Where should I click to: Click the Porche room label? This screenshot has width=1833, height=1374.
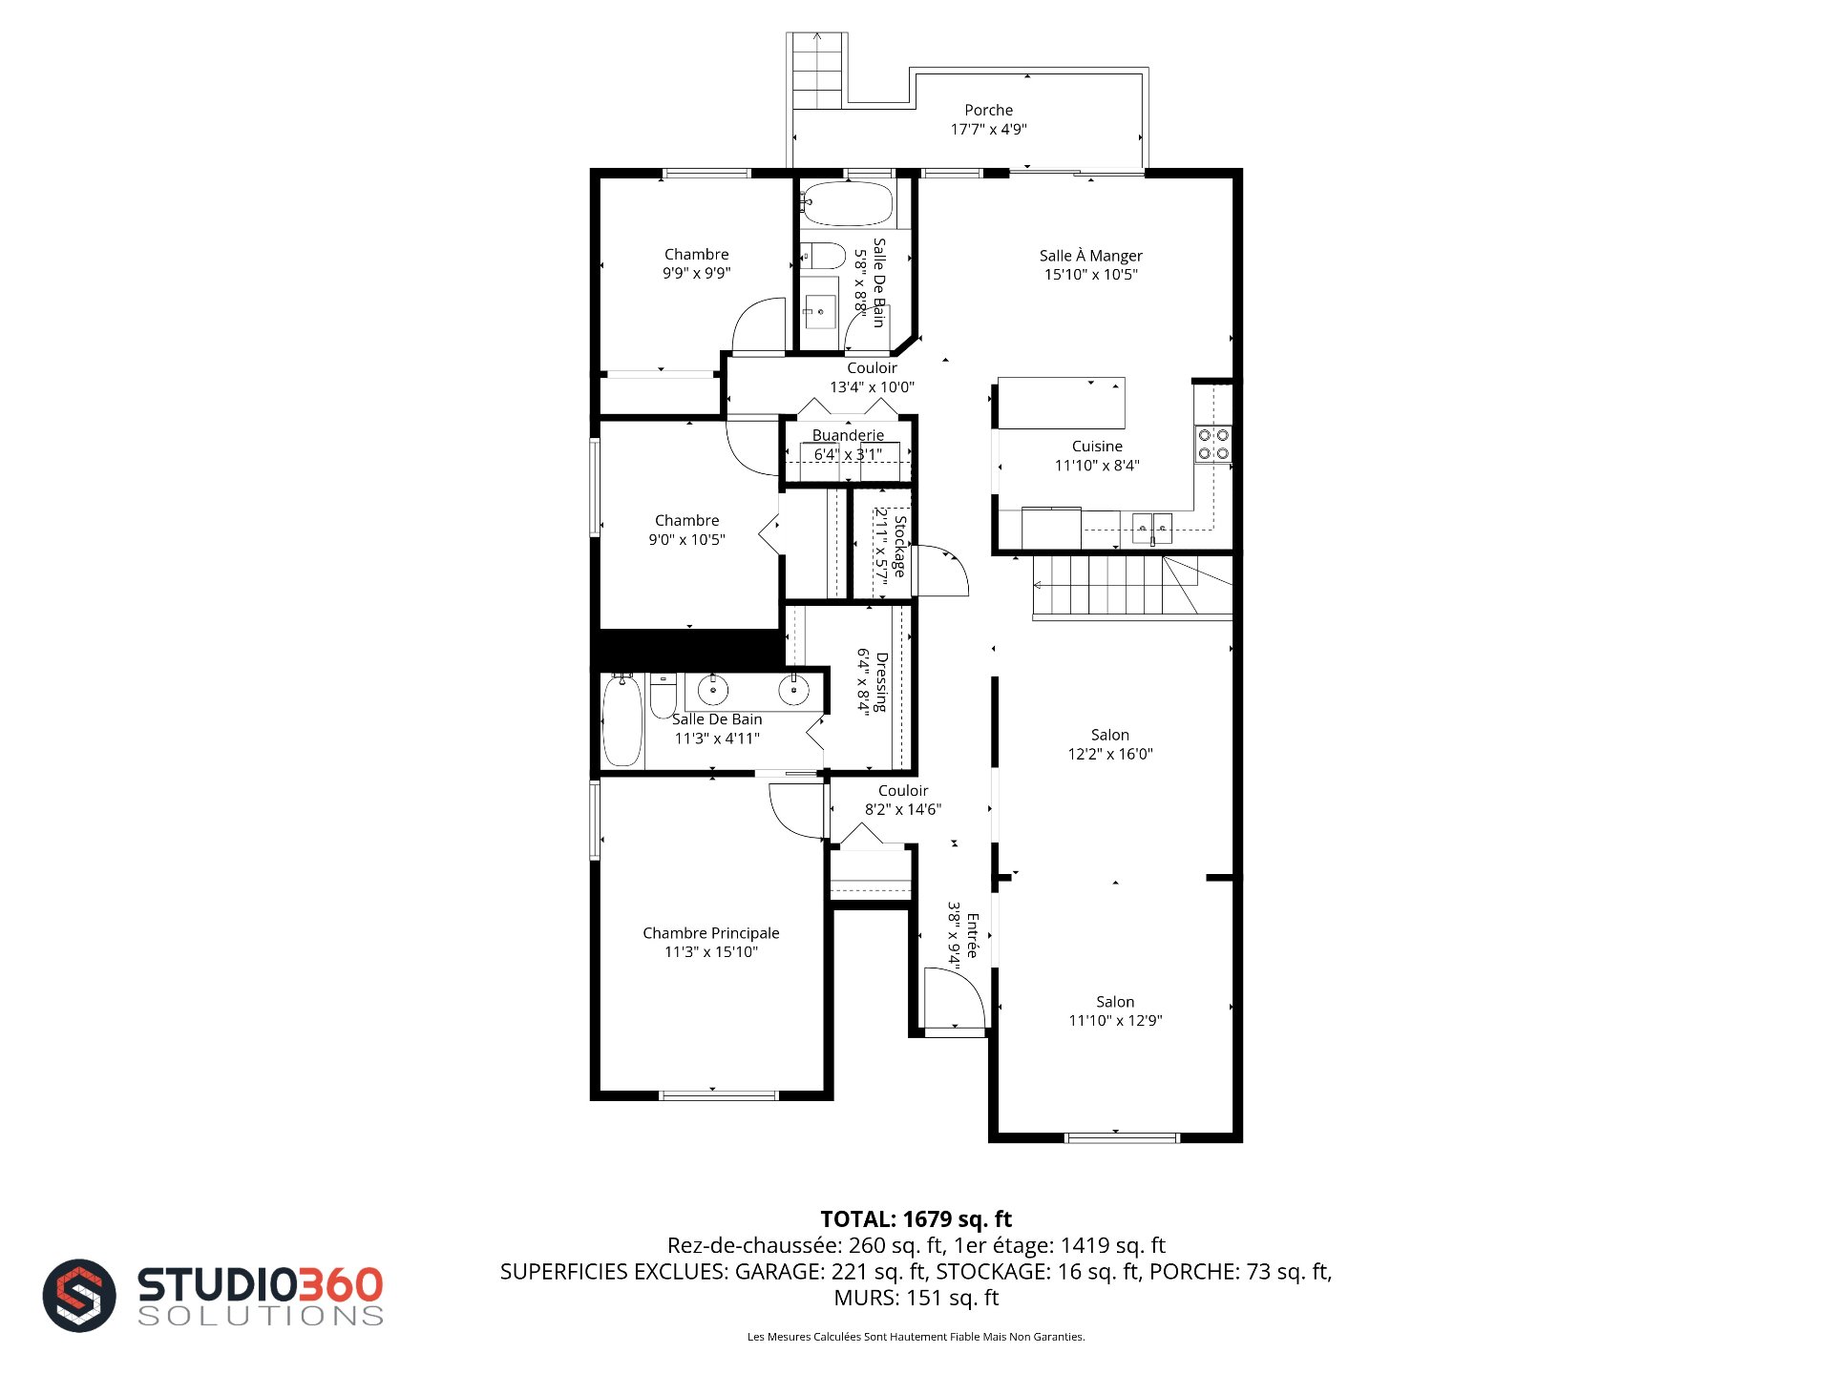point(988,111)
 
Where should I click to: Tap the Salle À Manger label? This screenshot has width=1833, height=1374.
point(1090,256)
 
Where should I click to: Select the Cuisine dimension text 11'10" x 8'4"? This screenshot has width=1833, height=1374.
point(1097,466)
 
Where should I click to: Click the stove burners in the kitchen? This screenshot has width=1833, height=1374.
point(1213,444)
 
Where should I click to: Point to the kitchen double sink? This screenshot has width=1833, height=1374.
point(1152,528)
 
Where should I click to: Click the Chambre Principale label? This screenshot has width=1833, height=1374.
point(711,933)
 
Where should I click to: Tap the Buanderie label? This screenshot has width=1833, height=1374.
point(848,435)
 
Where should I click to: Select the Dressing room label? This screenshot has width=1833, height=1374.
point(881,682)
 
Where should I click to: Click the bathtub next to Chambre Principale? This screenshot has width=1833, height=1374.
point(622,720)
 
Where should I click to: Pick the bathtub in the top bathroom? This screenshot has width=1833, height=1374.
point(847,202)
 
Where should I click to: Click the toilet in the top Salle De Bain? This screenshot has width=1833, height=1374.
point(822,256)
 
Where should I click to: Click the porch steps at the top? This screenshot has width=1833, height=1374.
point(817,72)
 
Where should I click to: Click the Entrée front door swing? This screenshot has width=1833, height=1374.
point(955,999)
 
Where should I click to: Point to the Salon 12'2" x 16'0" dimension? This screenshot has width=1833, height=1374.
point(1110,754)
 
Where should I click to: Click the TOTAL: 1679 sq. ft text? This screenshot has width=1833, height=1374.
point(916,1218)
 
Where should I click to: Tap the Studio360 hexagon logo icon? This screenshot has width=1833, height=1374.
point(79,1296)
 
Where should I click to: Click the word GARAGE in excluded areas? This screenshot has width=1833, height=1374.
point(779,1271)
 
